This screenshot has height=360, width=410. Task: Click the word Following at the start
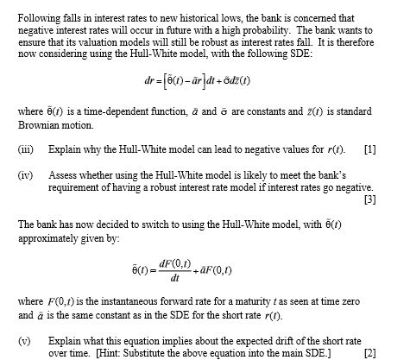pyautogui.click(x=40, y=17)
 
